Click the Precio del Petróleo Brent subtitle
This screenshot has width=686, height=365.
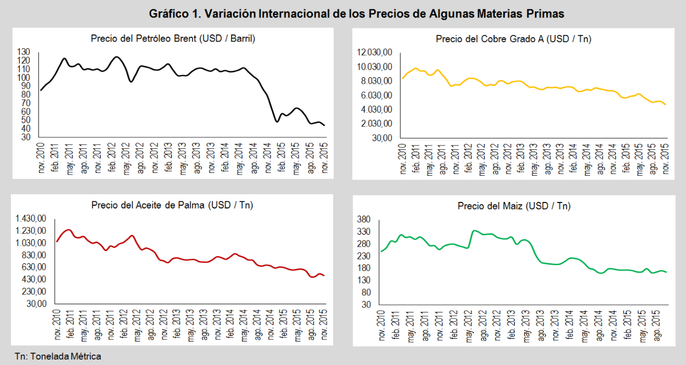[x=173, y=38]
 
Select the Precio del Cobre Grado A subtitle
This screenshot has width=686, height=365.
[x=513, y=39]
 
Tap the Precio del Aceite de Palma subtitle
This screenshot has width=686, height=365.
[x=172, y=205]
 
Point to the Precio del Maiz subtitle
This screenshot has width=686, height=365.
[x=514, y=206]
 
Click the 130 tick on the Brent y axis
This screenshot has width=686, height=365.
[x=24, y=52]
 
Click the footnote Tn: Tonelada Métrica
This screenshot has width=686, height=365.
[x=58, y=356]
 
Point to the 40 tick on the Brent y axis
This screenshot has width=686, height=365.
[x=25, y=129]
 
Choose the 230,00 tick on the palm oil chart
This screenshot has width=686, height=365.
[x=33, y=292]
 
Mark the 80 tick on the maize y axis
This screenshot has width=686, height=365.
[x=366, y=292]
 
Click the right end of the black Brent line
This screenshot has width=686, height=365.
[x=324, y=125]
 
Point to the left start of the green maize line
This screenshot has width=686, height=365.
[x=381, y=251]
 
